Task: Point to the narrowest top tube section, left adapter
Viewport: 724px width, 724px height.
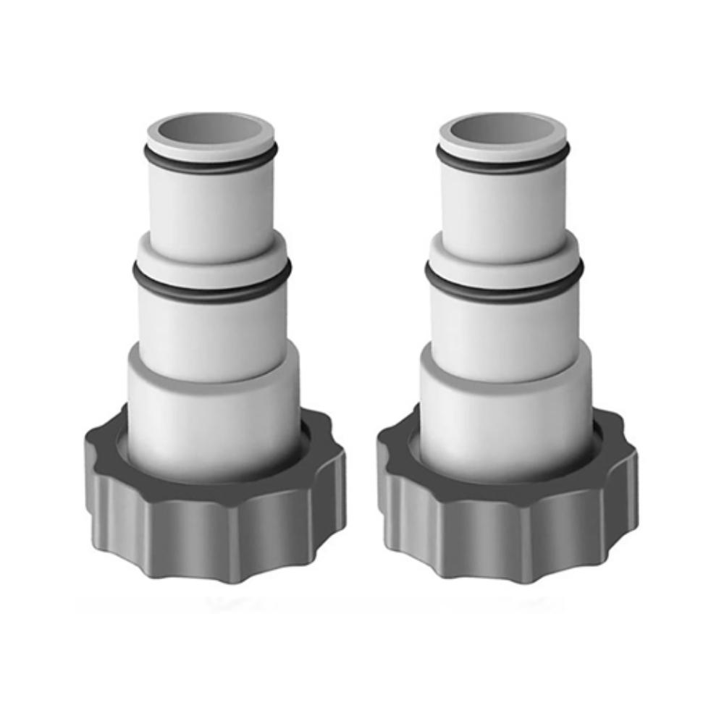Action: [x=211, y=206]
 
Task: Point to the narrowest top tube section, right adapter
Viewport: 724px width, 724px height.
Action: [x=503, y=206]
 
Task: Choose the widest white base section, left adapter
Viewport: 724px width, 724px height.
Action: [x=214, y=413]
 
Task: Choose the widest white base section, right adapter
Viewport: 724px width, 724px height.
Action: [x=505, y=413]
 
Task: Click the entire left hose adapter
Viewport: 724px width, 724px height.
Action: [x=214, y=348]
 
